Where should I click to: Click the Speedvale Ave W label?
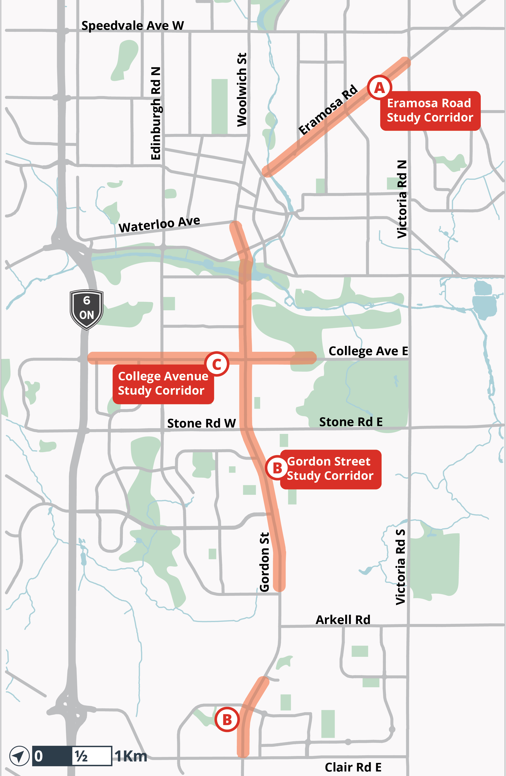pyautogui.click(x=132, y=26)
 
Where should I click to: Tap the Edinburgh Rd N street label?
pyautogui.click(x=156, y=113)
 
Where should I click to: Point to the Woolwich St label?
pyautogui.click(x=242, y=89)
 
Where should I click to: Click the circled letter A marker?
pyautogui.click(x=379, y=87)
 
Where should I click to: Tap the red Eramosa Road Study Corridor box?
pyautogui.click(x=430, y=111)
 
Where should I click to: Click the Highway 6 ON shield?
pyautogui.click(x=86, y=309)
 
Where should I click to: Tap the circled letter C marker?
pyautogui.click(x=217, y=364)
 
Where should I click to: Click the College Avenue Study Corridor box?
pyautogui.click(x=163, y=384)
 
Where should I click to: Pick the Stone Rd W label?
pyautogui.click(x=201, y=423)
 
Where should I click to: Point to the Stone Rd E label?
pyautogui.click(x=351, y=422)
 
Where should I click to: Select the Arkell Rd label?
pyautogui.click(x=343, y=620)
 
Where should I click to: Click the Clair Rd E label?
pyautogui.click(x=353, y=767)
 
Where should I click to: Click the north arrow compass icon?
pyautogui.click(x=19, y=756)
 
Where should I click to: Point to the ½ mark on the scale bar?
pyautogui.click(x=81, y=756)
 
